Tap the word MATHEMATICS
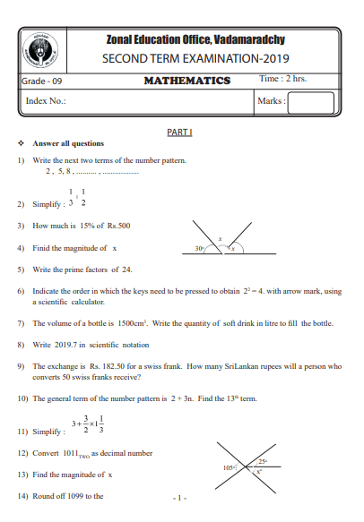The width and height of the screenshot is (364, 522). (186, 81)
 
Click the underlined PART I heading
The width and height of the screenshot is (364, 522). (180, 132)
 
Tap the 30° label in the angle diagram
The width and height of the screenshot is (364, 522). (199, 247)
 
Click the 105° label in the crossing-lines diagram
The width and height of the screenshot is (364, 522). (229, 466)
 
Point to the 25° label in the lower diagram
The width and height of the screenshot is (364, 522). (263, 460)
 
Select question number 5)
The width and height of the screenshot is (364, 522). (21, 269)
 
